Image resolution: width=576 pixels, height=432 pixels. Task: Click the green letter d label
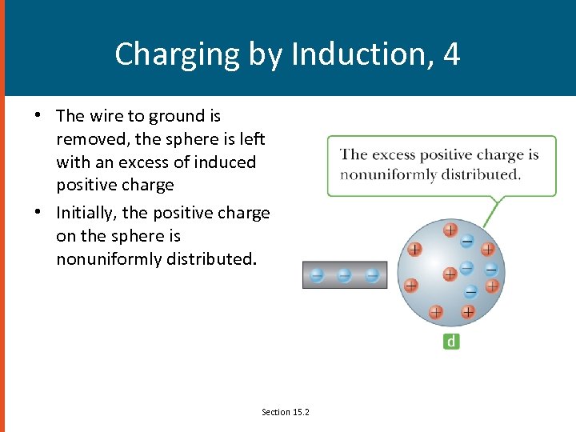[x=451, y=342]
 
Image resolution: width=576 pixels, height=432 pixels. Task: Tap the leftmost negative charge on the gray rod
[x=317, y=275]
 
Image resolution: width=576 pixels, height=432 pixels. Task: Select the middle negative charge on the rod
[x=344, y=275]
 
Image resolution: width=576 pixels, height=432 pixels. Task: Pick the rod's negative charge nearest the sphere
[x=372, y=275]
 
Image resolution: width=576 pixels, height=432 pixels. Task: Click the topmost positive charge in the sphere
[x=450, y=230]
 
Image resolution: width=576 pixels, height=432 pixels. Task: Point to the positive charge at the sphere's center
[x=450, y=274]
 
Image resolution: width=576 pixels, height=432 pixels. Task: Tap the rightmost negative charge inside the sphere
[x=490, y=270]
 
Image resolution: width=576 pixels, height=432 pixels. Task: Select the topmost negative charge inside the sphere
[x=467, y=240]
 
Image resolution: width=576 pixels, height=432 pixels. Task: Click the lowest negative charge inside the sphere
[x=471, y=291]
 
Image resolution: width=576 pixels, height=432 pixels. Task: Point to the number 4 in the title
[x=451, y=54]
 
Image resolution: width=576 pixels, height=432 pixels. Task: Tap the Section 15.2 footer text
[x=286, y=412]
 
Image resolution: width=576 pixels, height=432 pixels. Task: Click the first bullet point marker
[x=38, y=116]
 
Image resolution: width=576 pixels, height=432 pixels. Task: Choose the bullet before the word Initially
[x=38, y=213]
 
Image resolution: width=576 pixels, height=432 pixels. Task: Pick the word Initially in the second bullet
[x=86, y=213]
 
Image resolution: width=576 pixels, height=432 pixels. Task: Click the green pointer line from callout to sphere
[x=493, y=210]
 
